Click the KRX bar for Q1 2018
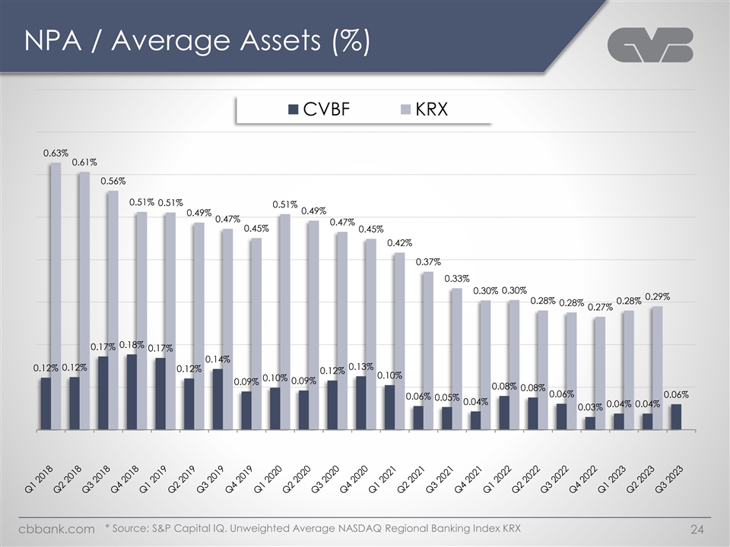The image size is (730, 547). click(55, 296)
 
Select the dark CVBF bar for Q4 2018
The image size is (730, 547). click(132, 392)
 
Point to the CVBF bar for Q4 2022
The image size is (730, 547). click(590, 423)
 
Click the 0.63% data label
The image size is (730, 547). click(56, 153)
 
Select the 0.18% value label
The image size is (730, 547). click(132, 345)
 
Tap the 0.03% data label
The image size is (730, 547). click(590, 408)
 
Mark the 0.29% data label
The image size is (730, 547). click(657, 296)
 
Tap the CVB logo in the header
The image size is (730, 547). click(651, 46)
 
